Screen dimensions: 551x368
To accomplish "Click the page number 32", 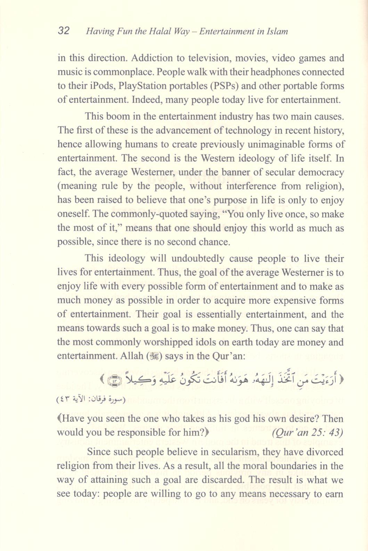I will click(x=64, y=31).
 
